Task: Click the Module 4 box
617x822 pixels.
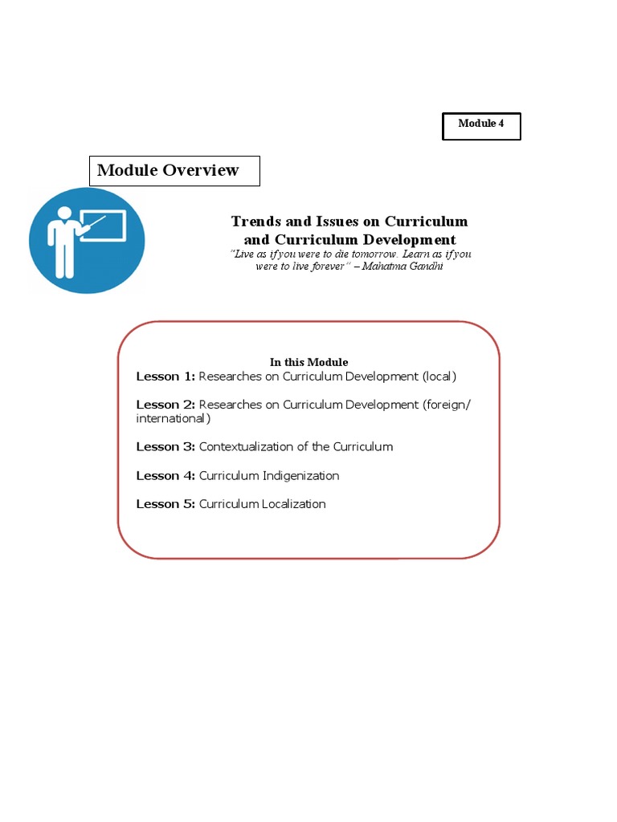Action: pyautogui.click(x=481, y=126)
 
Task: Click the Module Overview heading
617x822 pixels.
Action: pyautogui.click(x=168, y=170)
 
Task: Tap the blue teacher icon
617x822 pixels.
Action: pyautogui.click(x=87, y=241)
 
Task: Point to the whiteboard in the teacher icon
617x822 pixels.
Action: pyautogui.click(x=104, y=226)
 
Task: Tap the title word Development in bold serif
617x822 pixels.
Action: pyautogui.click(x=410, y=240)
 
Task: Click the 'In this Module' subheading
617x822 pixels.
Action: pyautogui.click(x=309, y=362)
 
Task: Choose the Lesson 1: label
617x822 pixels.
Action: pyautogui.click(x=165, y=376)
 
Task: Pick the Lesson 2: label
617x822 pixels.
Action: pyautogui.click(x=165, y=405)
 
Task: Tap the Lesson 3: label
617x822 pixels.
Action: pyautogui.click(x=165, y=447)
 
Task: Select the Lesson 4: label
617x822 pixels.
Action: pyautogui.click(x=165, y=476)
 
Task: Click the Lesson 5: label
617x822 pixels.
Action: pyautogui.click(x=165, y=505)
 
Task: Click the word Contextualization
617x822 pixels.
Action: pyautogui.click(x=247, y=447)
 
